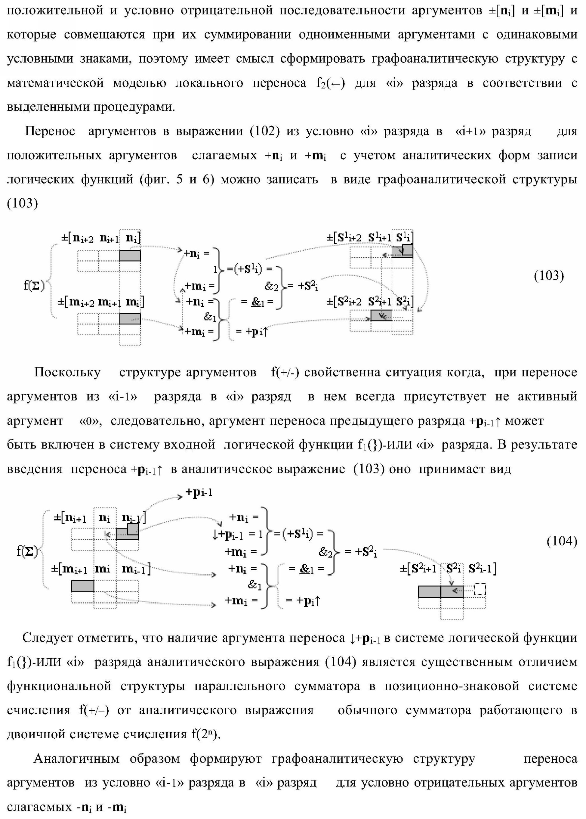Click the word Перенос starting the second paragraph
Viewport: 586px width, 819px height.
(x=50, y=132)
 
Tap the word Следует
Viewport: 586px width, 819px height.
(x=46, y=638)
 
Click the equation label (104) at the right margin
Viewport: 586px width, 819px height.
(x=562, y=541)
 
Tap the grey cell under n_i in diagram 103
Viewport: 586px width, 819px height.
(x=130, y=256)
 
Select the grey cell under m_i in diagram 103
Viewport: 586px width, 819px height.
(x=130, y=319)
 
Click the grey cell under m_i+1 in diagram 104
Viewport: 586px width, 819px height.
(x=83, y=586)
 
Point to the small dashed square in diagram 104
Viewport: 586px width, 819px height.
(x=480, y=589)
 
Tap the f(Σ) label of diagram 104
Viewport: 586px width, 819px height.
(x=27, y=551)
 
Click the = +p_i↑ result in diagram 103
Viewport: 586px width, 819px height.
(x=252, y=331)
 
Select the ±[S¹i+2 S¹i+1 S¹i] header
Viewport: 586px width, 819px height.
(x=370, y=237)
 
